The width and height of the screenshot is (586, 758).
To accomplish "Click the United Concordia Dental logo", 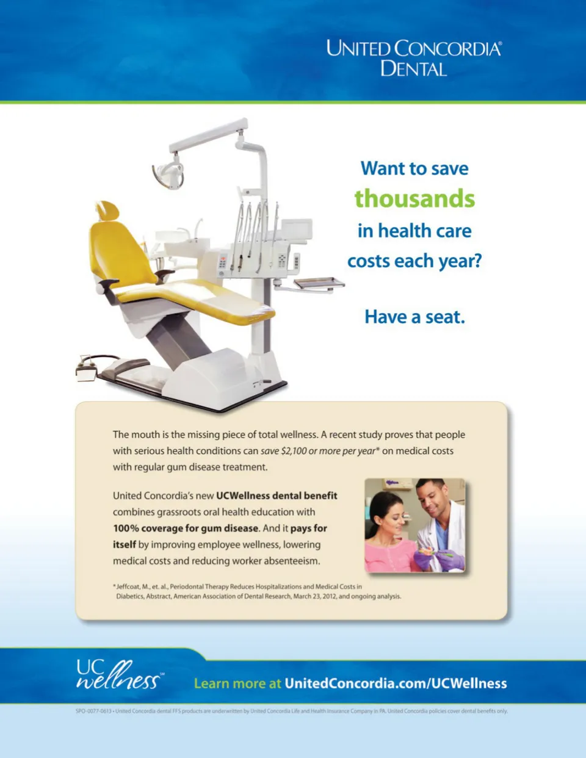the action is click(x=414, y=58).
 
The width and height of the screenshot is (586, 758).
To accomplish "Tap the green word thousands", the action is click(x=414, y=198).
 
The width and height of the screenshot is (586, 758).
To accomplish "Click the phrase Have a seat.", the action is click(x=414, y=317).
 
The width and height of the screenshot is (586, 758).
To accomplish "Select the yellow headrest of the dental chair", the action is click(x=108, y=211).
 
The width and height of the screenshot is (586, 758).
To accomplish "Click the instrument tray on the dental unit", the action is click(x=319, y=283).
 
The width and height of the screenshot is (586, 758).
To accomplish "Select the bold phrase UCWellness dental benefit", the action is click(x=277, y=496).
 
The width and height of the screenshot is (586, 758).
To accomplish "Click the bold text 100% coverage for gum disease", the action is click(x=186, y=528).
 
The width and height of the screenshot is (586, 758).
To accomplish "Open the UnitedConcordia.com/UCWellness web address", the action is click(x=396, y=684).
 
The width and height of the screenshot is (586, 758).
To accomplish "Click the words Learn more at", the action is click(x=237, y=684).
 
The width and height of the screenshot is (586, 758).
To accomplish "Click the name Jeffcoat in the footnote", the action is click(x=128, y=587).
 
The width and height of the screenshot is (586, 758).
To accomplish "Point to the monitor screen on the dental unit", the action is click(x=297, y=229).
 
